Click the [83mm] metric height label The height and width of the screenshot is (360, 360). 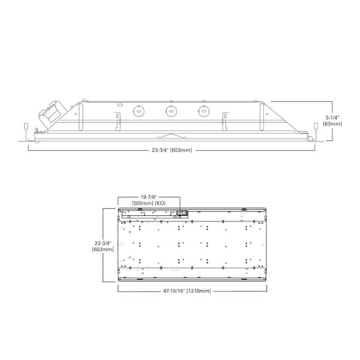click(x=332, y=124)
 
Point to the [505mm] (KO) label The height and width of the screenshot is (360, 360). click(x=149, y=203)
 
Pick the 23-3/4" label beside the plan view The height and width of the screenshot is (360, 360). click(x=103, y=243)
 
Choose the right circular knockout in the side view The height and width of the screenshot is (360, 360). click(x=204, y=111)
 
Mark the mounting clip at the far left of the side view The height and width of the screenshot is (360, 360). click(x=25, y=127)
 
